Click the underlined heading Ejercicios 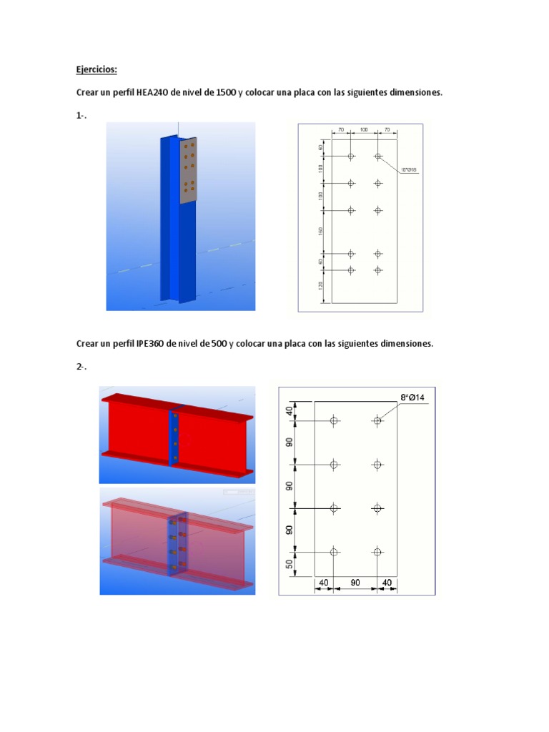[96, 70]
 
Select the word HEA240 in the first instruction [150, 94]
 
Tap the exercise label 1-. [81, 117]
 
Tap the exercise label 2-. [81, 367]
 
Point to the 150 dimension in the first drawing [322, 232]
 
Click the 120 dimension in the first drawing [322, 287]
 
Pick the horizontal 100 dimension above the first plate [364, 129]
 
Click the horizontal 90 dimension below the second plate [355, 584]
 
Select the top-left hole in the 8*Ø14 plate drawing [334, 421]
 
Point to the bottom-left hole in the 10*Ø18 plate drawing [351, 270]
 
